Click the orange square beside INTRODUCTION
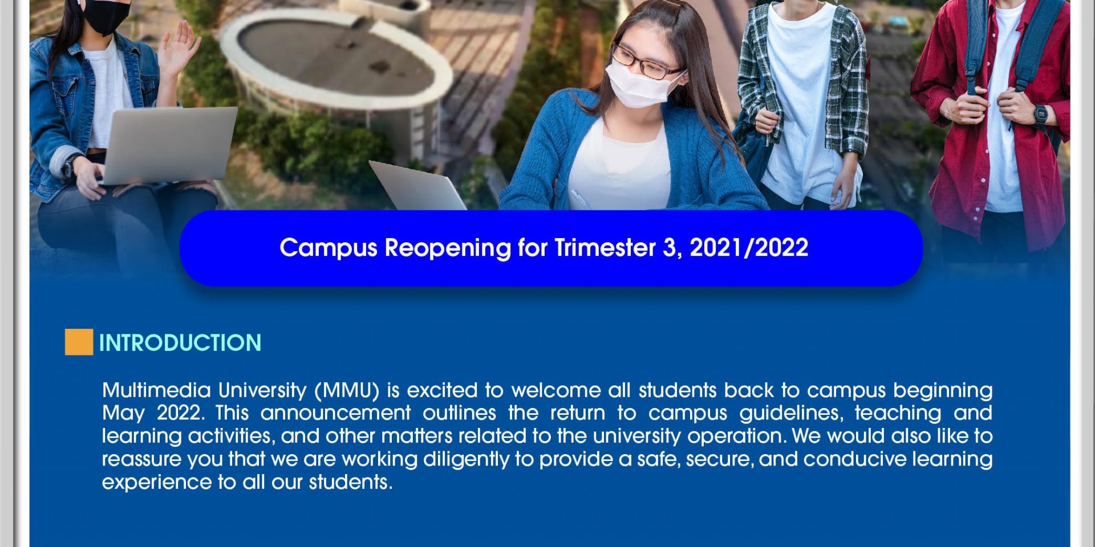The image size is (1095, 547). [79, 342]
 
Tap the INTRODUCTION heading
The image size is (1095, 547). [180, 343]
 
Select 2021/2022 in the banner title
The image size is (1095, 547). [749, 248]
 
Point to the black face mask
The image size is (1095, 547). [107, 15]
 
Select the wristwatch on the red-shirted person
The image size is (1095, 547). [1040, 116]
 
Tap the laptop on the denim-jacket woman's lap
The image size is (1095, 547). [168, 145]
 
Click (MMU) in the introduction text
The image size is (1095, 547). [347, 391]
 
